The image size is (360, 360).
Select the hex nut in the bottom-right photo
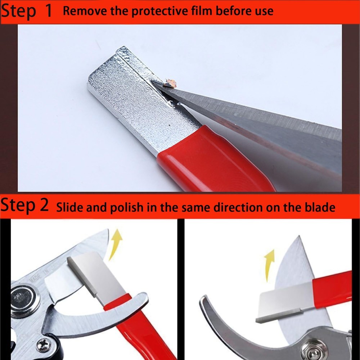pyautogui.click(x=309, y=347)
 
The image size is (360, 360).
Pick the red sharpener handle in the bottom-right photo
pyautogui.click(x=331, y=284)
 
